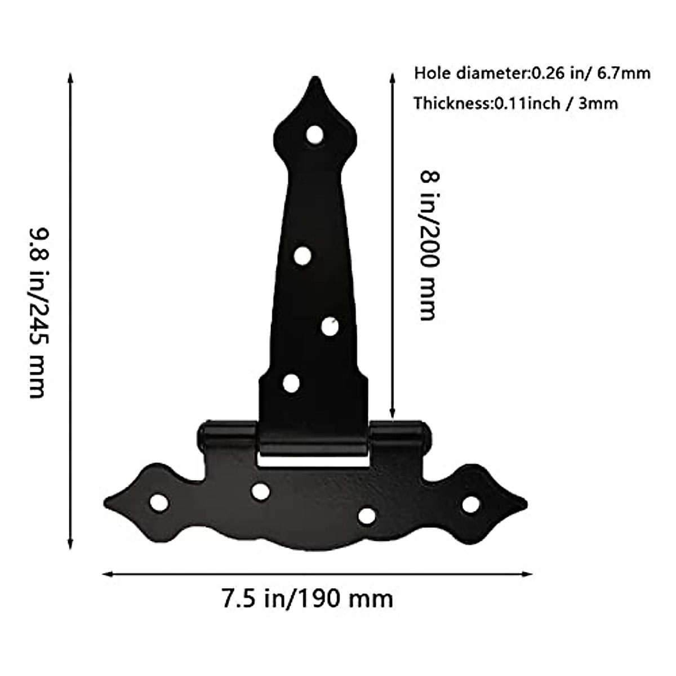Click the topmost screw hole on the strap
click(x=315, y=135)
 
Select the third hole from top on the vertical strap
click(x=330, y=326)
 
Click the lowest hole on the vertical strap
click(x=291, y=383)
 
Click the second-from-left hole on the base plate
click(x=260, y=491)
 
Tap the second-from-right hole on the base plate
click(x=367, y=514)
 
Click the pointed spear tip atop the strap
click(x=313, y=80)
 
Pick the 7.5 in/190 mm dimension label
click(x=307, y=598)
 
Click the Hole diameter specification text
click(x=532, y=73)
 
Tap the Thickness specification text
click(x=515, y=103)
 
